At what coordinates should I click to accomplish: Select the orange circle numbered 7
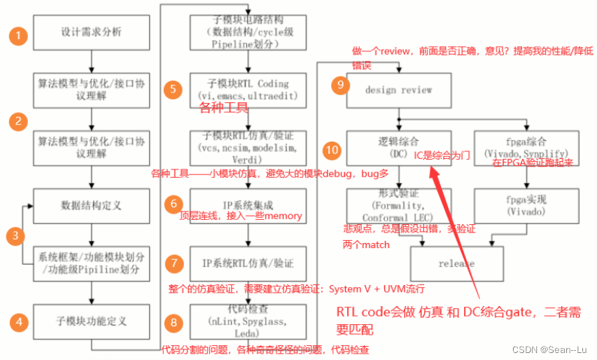point(173,263)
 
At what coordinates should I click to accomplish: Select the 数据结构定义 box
point(92,205)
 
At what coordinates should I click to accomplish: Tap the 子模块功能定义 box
point(92,322)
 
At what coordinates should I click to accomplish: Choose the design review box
point(398,90)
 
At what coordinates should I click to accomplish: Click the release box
point(456,263)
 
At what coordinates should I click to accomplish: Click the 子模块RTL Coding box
point(248,89)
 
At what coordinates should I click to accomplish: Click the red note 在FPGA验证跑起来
point(532,163)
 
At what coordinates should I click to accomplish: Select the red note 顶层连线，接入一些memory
point(241,216)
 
